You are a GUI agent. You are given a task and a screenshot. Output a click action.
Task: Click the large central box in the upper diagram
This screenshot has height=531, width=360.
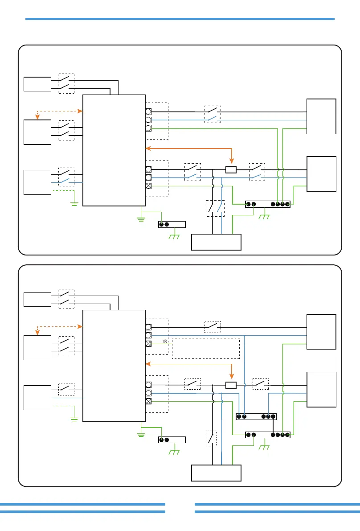[114, 150]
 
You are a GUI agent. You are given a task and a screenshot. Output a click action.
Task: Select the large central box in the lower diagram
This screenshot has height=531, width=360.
[114, 366]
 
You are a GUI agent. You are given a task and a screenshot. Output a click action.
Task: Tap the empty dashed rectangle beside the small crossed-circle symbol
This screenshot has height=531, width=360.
[206, 348]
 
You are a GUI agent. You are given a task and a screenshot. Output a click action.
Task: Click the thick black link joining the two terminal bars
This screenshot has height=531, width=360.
[273, 426]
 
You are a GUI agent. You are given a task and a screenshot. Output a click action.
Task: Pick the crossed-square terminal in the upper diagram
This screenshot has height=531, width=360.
[148, 185]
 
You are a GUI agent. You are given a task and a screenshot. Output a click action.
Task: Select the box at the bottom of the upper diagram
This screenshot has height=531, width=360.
[216, 242]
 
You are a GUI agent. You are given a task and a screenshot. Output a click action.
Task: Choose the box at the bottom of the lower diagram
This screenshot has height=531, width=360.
[216, 473]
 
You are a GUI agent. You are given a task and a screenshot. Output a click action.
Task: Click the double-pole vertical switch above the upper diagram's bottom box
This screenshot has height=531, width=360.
[215, 208]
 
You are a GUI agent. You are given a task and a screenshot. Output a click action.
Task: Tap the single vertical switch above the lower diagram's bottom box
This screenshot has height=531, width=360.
[211, 439]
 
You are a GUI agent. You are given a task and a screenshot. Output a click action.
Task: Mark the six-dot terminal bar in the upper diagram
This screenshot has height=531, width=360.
[268, 204]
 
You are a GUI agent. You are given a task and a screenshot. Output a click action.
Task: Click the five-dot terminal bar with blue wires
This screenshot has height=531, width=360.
[256, 416]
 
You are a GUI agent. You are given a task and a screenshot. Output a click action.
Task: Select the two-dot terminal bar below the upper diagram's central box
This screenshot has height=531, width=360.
[172, 224]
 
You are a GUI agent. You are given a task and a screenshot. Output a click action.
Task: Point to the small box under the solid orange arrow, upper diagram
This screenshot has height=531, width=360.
[231, 169]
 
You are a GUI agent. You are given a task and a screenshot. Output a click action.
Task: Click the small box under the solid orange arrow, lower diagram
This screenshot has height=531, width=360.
[231, 385]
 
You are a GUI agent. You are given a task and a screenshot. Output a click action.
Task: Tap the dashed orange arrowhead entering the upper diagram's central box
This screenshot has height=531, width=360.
[81, 111]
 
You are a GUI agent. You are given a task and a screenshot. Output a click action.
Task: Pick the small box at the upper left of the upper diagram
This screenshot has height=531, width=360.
[37, 84]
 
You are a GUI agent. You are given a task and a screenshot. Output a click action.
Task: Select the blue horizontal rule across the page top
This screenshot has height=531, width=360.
[180, 19]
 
